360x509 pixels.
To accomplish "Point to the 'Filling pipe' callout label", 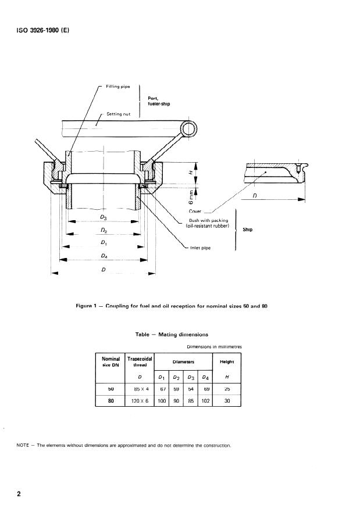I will [117, 87].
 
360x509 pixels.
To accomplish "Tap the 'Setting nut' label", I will [118, 114].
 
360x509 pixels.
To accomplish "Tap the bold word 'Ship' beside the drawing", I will [248, 230].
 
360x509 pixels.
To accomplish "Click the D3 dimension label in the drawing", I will [103, 217].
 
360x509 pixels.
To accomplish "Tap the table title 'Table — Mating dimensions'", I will [172, 335].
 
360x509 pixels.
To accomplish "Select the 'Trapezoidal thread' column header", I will [139, 361].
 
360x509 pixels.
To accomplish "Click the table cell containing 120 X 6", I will [139, 400].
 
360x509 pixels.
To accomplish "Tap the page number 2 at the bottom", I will [19, 494].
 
